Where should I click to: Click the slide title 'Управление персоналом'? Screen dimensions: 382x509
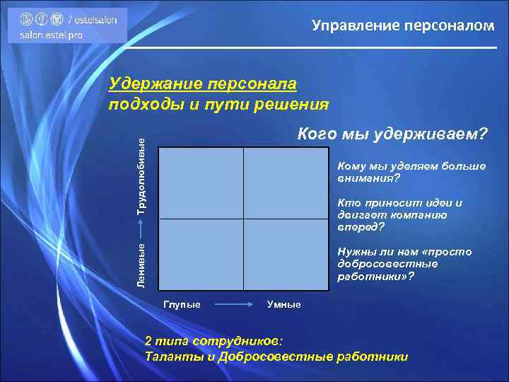point(403,26)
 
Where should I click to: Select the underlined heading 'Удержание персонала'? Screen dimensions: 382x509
point(202,84)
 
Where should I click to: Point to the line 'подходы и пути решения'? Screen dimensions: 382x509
point(218,104)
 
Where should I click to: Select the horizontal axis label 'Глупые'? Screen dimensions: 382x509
point(182,304)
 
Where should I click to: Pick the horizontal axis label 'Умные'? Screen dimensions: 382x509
point(283,304)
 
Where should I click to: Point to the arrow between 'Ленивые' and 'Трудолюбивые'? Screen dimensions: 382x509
point(141,228)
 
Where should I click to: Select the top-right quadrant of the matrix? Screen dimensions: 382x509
point(286,183)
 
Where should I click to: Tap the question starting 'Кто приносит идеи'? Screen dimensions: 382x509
point(400,215)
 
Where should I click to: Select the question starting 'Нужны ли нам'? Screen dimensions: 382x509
point(404,264)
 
